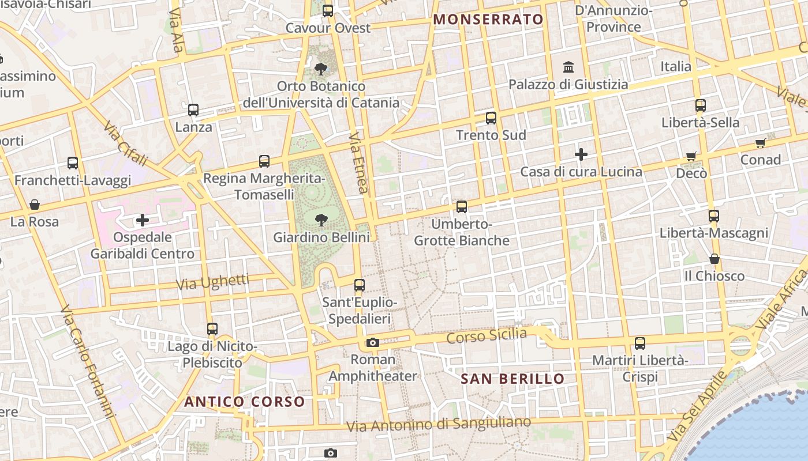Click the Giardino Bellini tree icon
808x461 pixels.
coord(321,220)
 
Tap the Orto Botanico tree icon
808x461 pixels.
coord(321,69)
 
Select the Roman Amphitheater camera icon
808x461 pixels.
coord(373,343)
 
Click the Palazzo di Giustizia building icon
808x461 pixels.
coord(568,67)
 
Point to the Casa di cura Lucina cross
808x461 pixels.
coord(581,154)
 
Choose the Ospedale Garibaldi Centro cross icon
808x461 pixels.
coord(143,220)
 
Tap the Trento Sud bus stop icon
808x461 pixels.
coord(491,118)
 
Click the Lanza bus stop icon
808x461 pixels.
coord(193,110)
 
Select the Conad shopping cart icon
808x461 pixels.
coord(761,143)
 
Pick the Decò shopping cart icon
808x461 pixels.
coord(691,156)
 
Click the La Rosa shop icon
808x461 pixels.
coord(35,205)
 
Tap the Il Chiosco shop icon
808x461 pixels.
coord(715,259)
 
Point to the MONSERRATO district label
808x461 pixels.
coord(488,19)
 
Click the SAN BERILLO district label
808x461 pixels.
coord(513,379)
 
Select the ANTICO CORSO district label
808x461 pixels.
coord(244,402)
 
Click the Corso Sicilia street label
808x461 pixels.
coord(487,335)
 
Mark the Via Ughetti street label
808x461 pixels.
coord(212,282)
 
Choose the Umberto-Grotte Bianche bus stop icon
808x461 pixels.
coord(462,207)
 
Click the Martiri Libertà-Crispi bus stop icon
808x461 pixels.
coord(640,343)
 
